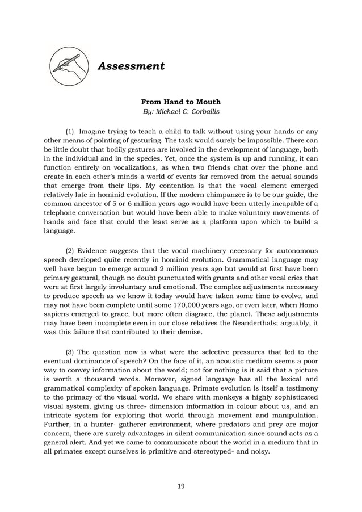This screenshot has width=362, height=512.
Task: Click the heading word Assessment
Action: click(x=131, y=66)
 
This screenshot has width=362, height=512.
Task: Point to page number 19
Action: click(x=180, y=486)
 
